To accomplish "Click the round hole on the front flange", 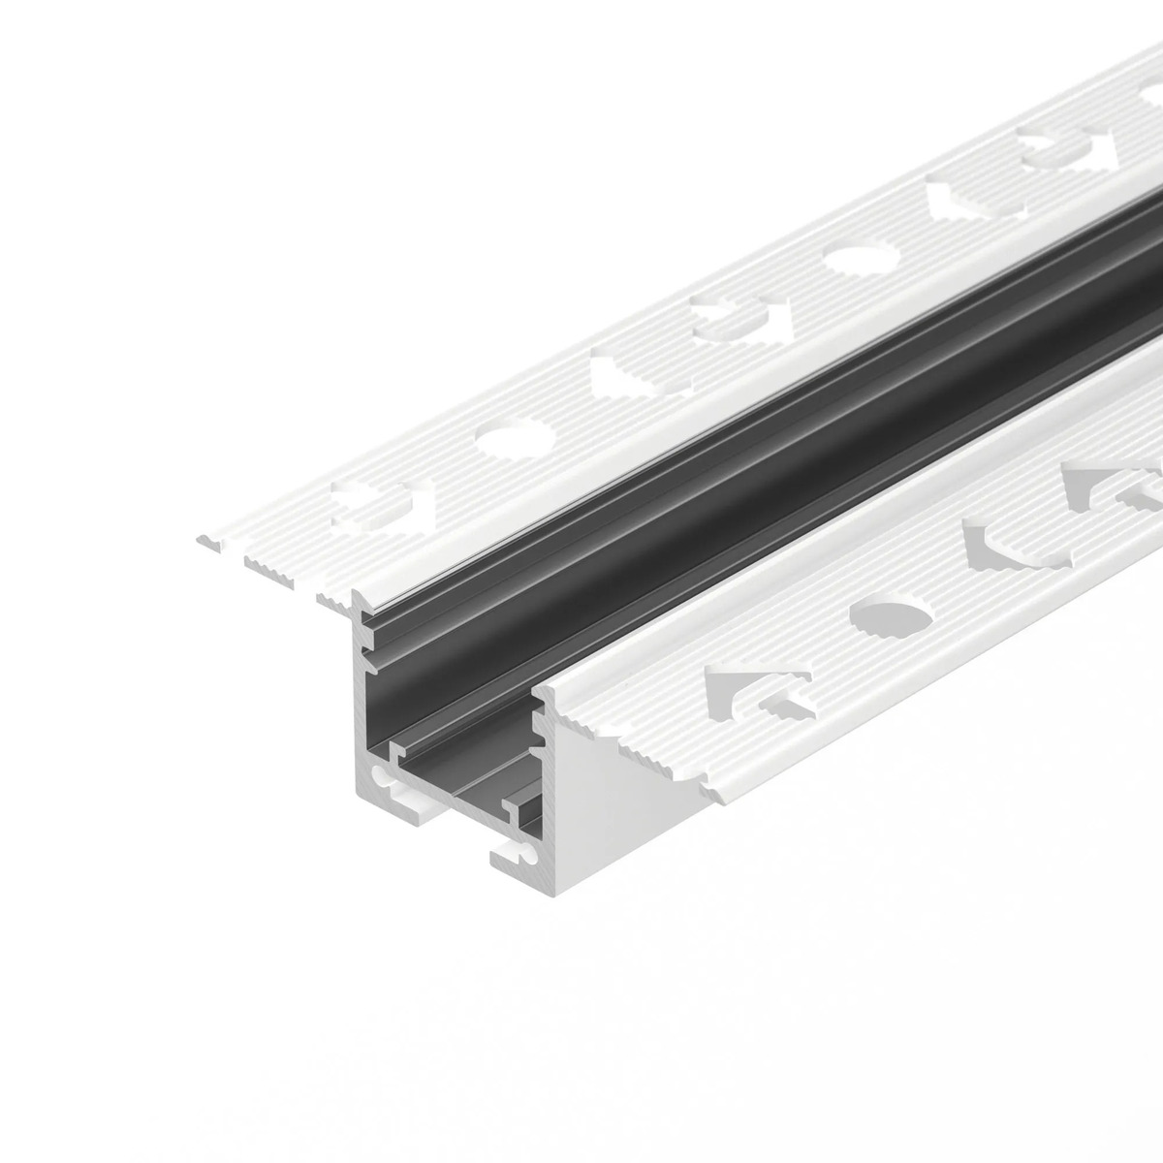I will click(x=892, y=615).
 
